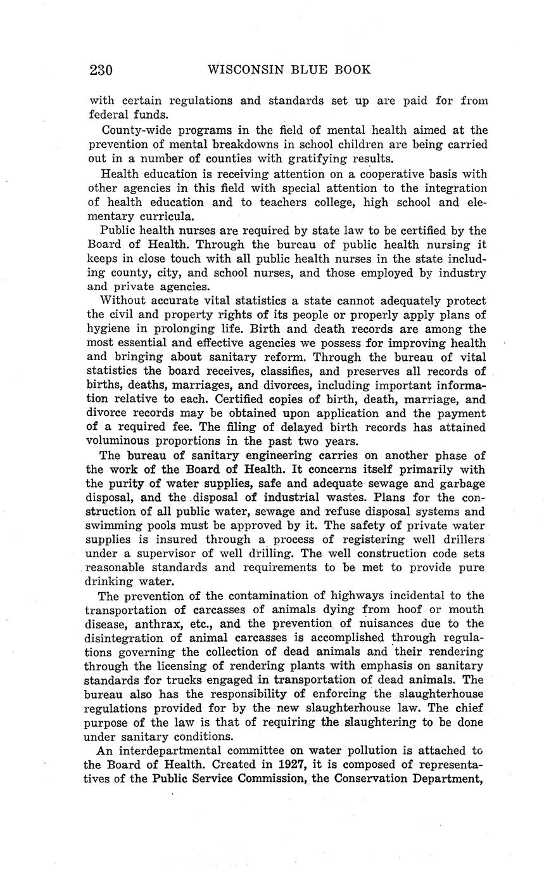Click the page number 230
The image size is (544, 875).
click(101, 70)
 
